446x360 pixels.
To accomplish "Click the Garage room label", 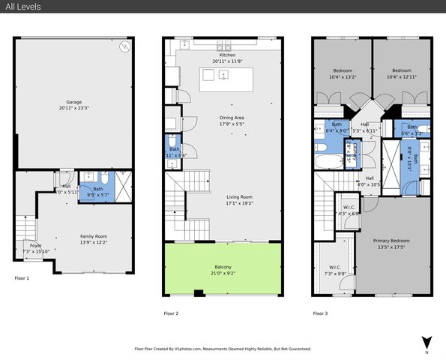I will [x=73, y=102].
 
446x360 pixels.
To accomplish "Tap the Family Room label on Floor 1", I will [x=94, y=236].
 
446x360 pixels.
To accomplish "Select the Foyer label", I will [x=35, y=245].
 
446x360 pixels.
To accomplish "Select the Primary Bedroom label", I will [x=393, y=241].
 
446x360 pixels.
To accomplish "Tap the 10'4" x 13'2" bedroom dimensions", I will [x=342, y=76].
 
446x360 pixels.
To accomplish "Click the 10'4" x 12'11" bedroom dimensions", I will [x=401, y=76].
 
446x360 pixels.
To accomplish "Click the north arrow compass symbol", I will [x=426, y=341].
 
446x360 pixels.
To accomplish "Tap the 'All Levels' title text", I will [x=22, y=7].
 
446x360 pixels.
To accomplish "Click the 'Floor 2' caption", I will [x=171, y=313].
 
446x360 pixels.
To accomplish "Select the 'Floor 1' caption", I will [x=22, y=278].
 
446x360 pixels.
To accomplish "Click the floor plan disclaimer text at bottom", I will [x=223, y=349].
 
